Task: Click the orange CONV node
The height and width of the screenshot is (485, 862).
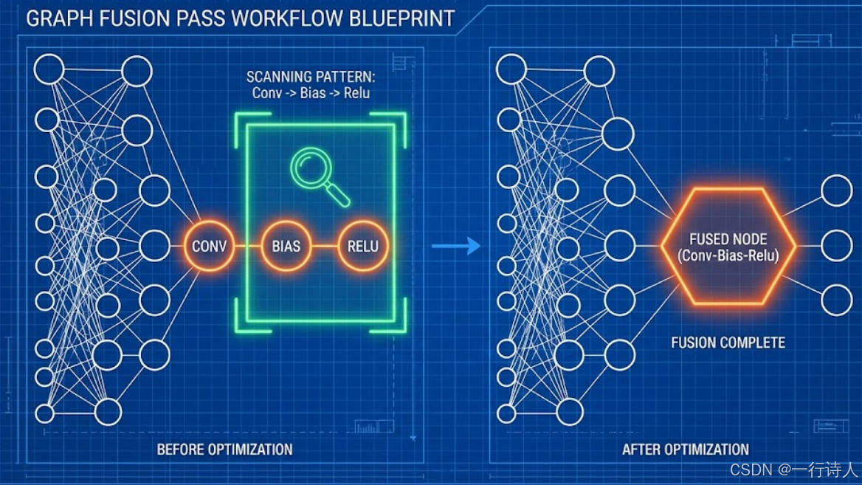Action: (x=209, y=246)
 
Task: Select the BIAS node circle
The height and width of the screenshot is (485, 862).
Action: (x=286, y=246)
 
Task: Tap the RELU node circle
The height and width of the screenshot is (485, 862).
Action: (x=362, y=246)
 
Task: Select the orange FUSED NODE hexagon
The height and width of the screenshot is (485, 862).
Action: (x=728, y=247)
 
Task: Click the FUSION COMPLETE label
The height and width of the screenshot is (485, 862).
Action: (x=728, y=343)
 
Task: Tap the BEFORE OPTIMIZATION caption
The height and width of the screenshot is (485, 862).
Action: (x=224, y=449)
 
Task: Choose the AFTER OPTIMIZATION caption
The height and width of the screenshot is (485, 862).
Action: (x=686, y=449)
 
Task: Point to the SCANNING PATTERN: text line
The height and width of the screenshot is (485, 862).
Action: (x=311, y=77)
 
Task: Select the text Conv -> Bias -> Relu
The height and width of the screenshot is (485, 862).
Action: (x=311, y=93)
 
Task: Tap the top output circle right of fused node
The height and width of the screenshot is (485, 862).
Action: (x=836, y=190)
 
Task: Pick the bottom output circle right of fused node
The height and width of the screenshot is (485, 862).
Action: (x=836, y=300)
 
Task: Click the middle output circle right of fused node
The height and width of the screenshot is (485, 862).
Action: (x=836, y=246)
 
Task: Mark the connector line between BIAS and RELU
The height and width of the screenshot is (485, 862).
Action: (x=324, y=246)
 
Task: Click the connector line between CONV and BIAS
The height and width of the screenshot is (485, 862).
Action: (x=248, y=246)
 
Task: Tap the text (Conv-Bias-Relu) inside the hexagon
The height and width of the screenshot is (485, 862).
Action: (x=728, y=256)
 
